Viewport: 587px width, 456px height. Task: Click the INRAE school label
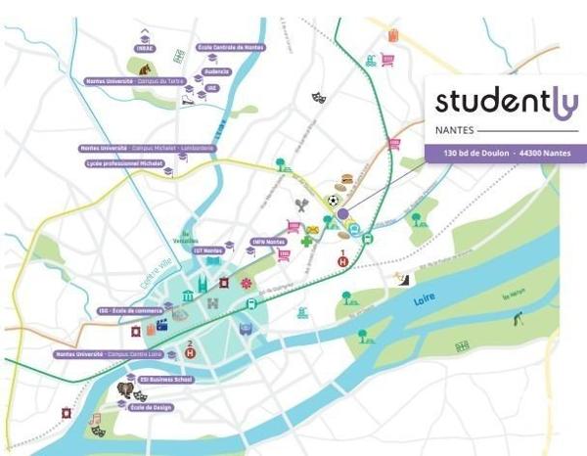[x=145, y=48]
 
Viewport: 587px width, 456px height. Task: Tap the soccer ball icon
[x=334, y=200]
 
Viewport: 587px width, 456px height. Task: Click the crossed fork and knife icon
[x=303, y=205]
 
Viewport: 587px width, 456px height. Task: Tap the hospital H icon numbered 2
[x=191, y=342]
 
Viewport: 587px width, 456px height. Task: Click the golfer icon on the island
[x=516, y=318]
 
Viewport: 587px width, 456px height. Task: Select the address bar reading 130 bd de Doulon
[x=505, y=154]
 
